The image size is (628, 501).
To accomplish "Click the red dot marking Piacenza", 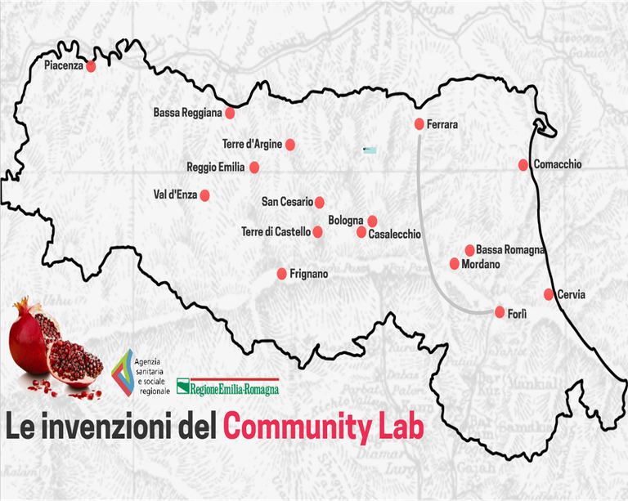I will click(x=91, y=65).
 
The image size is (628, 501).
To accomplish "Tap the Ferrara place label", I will click(x=442, y=125).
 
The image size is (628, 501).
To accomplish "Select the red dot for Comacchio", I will click(x=523, y=165).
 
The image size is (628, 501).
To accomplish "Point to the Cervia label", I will click(x=572, y=295).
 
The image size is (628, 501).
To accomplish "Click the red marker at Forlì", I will click(x=500, y=311).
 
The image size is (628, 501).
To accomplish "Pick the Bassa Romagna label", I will click(x=510, y=250).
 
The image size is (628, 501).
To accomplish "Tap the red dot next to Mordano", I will click(x=455, y=263).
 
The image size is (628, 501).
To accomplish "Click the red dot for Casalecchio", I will click(x=361, y=232).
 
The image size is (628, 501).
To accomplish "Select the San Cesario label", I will click(x=287, y=202).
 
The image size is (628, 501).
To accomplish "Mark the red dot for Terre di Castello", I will click(x=318, y=232).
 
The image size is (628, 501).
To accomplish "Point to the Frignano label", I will click(x=308, y=275).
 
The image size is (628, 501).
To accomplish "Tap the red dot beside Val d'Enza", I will click(x=204, y=195).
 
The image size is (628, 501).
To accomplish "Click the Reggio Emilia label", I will click(x=215, y=168).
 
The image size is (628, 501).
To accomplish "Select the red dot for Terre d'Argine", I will click(x=289, y=145).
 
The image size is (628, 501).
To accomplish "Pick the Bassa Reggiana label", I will click(x=187, y=113).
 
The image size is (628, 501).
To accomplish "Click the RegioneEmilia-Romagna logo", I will click(x=228, y=387).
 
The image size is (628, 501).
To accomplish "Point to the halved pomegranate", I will click(x=75, y=365).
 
